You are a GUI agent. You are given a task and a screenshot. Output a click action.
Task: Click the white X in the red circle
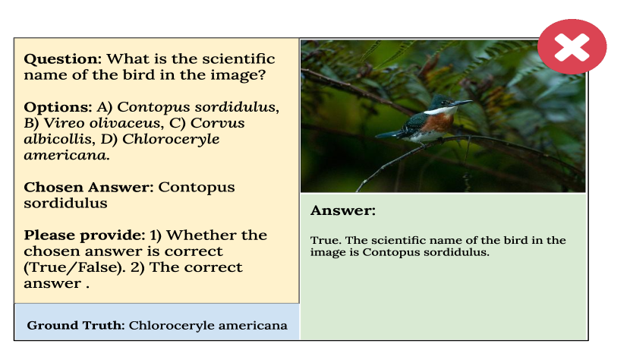tap(572, 47)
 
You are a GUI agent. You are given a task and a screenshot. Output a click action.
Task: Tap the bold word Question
tap(63, 59)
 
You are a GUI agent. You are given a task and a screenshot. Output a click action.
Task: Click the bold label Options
tap(58, 107)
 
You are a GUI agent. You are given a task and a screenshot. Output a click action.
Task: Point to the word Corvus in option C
tap(217, 123)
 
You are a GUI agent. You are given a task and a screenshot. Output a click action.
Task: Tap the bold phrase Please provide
tap(84, 235)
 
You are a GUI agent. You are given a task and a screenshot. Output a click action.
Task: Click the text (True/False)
tap(74, 267)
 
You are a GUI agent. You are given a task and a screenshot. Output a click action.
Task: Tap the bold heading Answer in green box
tap(343, 210)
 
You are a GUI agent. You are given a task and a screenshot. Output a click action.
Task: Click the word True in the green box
tap(326, 240)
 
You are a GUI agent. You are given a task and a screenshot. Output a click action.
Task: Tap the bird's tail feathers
tap(389, 134)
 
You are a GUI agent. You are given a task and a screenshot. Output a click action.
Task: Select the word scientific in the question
tap(238, 59)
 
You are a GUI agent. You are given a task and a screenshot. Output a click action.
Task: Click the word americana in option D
tap(67, 155)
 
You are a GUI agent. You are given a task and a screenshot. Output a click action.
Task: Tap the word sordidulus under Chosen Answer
tap(65, 204)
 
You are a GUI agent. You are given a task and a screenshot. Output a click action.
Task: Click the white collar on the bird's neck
tap(440, 110)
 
